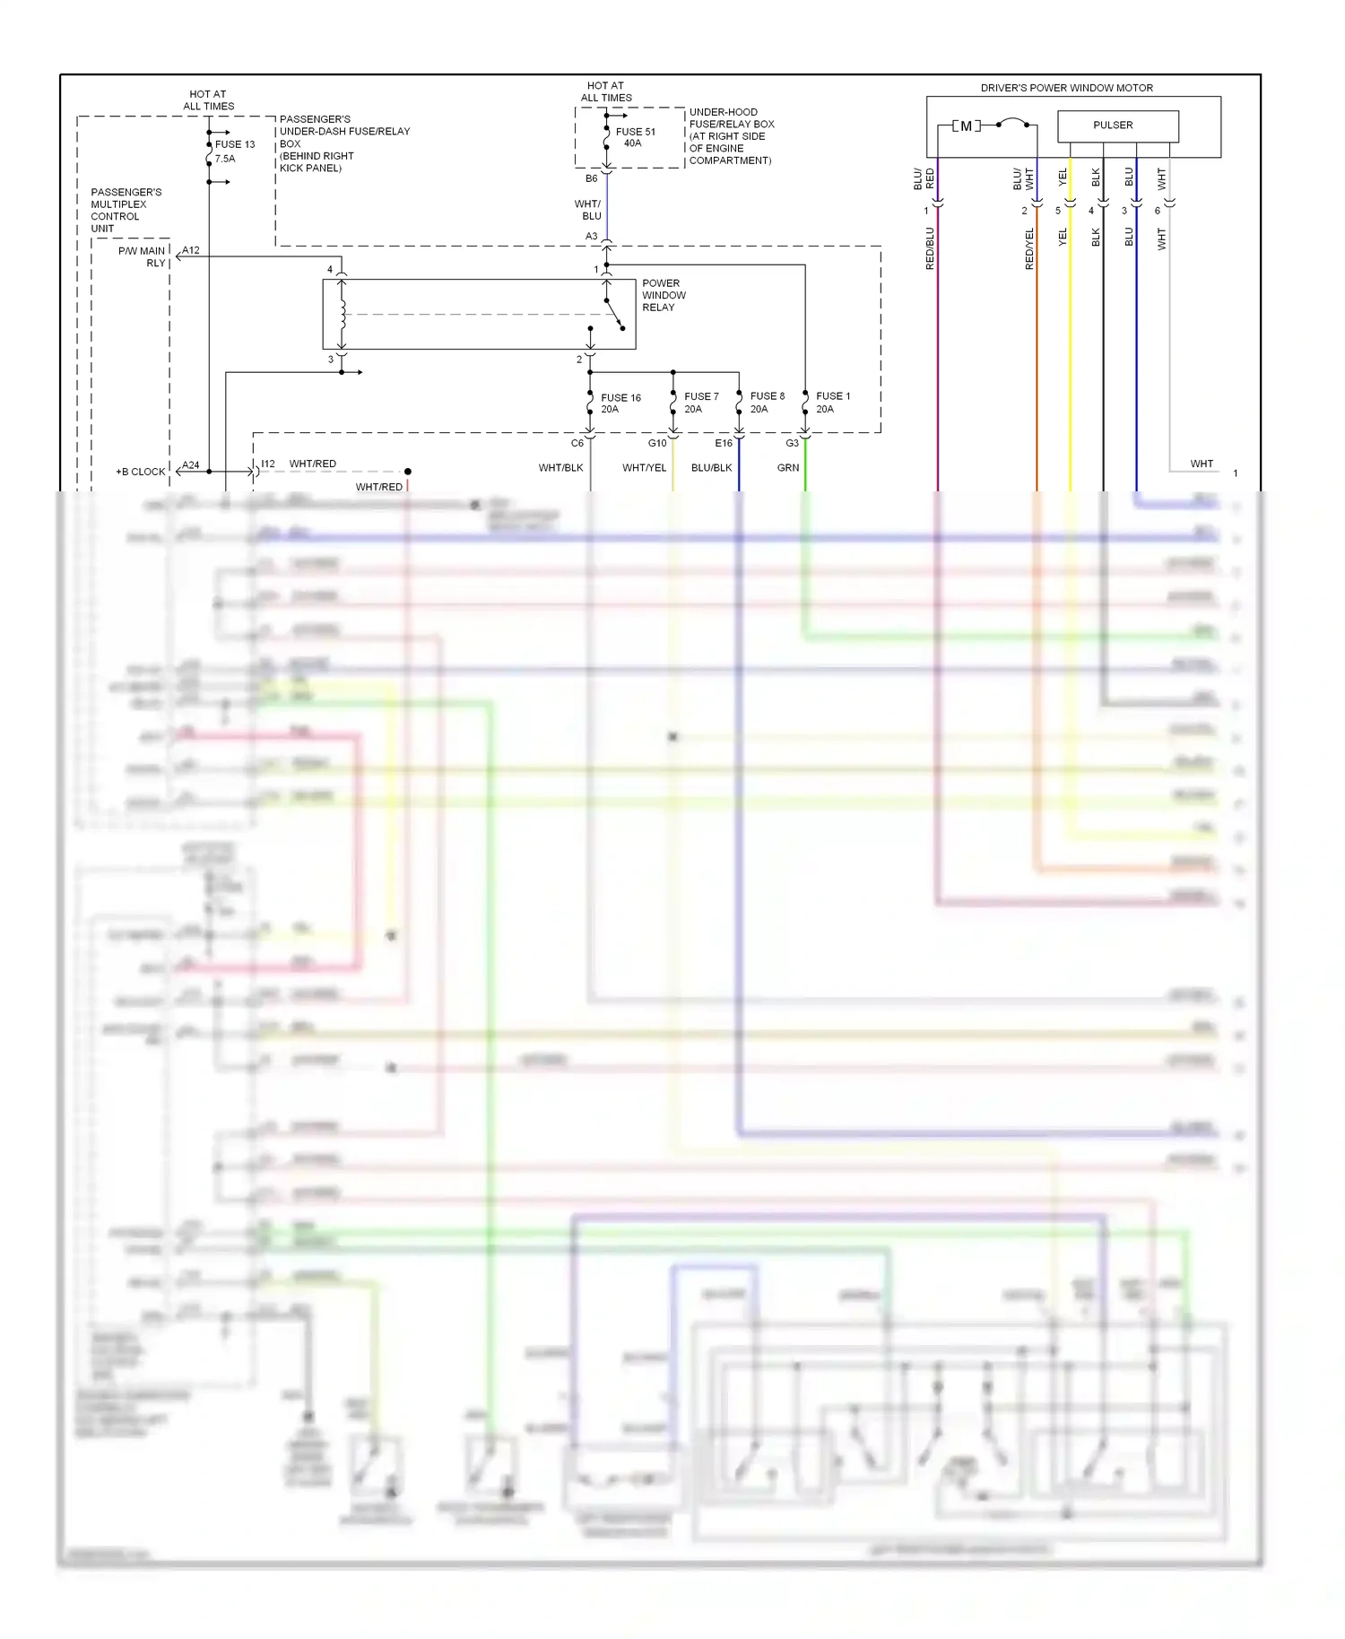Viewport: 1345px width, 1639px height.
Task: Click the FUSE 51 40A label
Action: click(635, 137)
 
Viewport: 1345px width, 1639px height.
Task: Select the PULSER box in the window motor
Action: click(1117, 126)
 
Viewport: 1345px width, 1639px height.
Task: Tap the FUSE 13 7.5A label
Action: click(234, 151)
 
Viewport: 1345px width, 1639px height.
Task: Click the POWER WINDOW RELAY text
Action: click(664, 295)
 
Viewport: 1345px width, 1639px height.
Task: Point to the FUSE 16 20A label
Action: click(620, 403)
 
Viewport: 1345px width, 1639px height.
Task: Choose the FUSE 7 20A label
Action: click(700, 403)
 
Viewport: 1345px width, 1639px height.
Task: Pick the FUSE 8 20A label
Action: click(767, 403)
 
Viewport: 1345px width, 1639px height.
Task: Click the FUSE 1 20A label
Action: click(832, 403)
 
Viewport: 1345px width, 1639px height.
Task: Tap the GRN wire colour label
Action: click(787, 468)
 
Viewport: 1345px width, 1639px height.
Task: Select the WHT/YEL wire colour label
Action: click(644, 468)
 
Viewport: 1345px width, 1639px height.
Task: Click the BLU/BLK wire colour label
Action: click(711, 468)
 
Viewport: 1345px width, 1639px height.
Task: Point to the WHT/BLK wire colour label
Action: click(560, 468)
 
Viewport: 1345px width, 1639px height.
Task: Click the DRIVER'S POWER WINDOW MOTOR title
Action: click(1066, 88)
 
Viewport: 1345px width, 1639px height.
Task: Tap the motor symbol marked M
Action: click(966, 126)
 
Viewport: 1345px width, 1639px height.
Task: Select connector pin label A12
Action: click(191, 250)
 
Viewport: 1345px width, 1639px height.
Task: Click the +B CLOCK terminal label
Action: click(141, 472)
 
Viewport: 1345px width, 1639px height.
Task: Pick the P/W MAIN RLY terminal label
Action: click(143, 256)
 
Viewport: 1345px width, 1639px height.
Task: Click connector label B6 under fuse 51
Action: click(591, 178)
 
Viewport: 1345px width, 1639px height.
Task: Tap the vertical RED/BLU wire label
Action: click(930, 248)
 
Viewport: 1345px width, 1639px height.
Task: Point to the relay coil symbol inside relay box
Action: click(342, 315)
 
